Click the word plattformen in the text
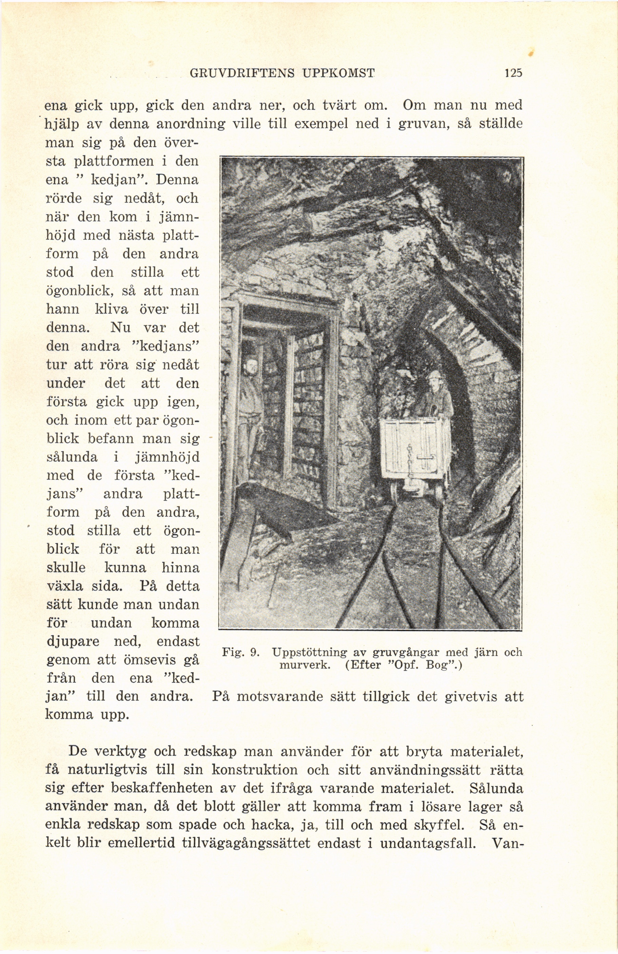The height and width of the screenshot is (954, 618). pyautogui.click(x=114, y=162)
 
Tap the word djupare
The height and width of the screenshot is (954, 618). pyautogui.click(x=73, y=642)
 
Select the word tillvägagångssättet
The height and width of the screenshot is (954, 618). pyautogui.click(x=246, y=843)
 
